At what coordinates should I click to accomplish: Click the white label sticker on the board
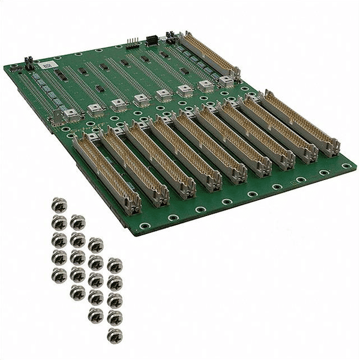coord(47,62)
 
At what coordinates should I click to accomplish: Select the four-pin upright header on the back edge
coord(131,44)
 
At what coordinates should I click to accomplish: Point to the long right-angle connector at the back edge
coord(210,55)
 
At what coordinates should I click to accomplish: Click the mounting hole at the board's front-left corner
coord(145,226)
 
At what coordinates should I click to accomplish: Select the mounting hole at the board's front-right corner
coord(346,166)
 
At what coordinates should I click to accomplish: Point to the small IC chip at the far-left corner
coord(16,70)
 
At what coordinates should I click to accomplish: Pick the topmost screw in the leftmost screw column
coord(59,205)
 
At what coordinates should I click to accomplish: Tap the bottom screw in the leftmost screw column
coord(59,275)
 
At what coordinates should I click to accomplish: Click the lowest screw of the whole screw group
coord(114,335)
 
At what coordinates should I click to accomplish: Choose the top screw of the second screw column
coord(77,222)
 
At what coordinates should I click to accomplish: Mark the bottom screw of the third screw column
coord(95,315)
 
